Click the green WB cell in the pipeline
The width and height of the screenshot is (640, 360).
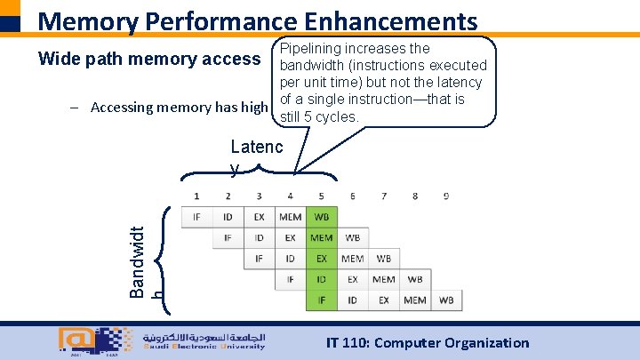(321, 217)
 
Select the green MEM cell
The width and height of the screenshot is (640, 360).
(321, 238)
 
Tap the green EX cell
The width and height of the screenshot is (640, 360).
(321, 259)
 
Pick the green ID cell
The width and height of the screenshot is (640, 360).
(321, 280)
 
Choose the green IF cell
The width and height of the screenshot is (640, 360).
(321, 300)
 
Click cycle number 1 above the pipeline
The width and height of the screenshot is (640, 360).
(196, 196)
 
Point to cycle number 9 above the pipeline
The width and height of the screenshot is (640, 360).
(445, 196)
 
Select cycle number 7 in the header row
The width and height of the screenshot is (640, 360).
(383, 196)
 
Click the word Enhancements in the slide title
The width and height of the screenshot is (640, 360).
(370, 21)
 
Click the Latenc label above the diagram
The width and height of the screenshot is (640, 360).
(256, 148)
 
